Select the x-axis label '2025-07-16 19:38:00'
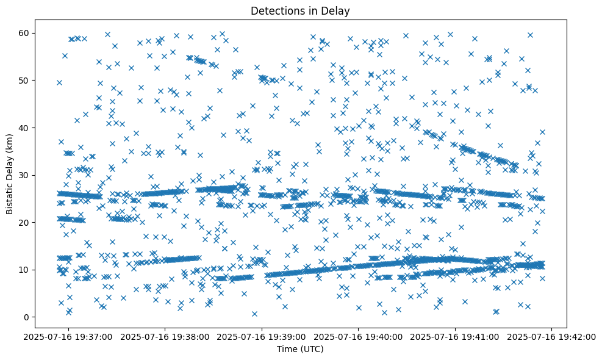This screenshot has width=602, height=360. pyautogui.click(x=165, y=337)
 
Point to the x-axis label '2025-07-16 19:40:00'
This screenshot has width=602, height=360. pyautogui.click(x=359, y=337)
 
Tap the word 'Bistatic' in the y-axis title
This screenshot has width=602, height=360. pyautogui.click(x=10, y=199)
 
